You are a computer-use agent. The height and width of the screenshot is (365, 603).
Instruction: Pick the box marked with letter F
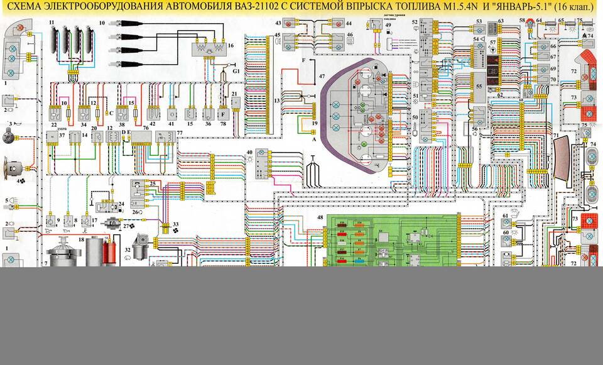click(223, 115)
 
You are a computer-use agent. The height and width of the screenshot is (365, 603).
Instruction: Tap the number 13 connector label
click(277, 101)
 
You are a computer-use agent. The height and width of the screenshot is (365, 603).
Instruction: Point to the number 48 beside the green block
click(320, 217)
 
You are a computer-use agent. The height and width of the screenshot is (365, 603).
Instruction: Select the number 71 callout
click(555, 135)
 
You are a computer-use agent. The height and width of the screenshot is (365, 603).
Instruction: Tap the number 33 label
click(175, 224)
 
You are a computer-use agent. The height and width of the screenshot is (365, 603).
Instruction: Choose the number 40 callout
click(249, 153)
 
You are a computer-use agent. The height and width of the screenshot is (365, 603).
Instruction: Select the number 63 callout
click(501, 21)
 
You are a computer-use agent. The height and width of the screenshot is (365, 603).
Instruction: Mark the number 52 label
click(415, 22)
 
